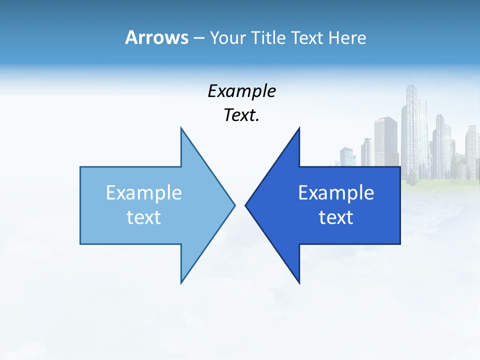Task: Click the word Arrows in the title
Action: pyautogui.click(x=156, y=37)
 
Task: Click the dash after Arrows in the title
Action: pyautogui.click(x=198, y=38)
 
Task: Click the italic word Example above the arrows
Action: pyautogui.click(x=241, y=91)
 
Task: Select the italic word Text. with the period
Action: pyautogui.click(x=241, y=115)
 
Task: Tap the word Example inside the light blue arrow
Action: pyautogui.click(x=144, y=193)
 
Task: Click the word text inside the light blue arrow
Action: pyautogui.click(x=144, y=217)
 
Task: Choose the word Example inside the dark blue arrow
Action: pyautogui.click(x=336, y=193)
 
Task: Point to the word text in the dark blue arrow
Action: pyautogui.click(x=336, y=217)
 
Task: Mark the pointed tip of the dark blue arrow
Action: pyautogui.click(x=246, y=205)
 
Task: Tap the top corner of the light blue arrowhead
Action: pyautogui.click(x=181, y=128)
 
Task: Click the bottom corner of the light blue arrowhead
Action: pyautogui.click(x=181, y=282)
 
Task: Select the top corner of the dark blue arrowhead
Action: pyautogui.click(x=299, y=128)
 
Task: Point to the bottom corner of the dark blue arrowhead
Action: pyautogui.click(x=299, y=282)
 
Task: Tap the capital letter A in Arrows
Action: pyautogui.click(x=131, y=37)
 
